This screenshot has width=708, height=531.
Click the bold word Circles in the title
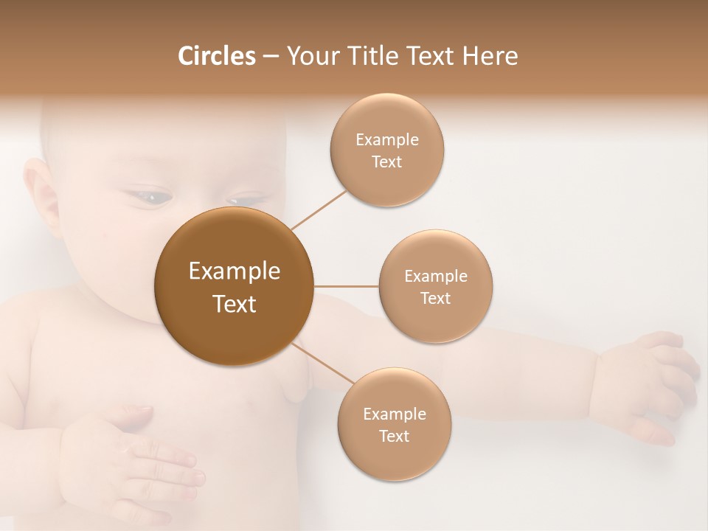[x=216, y=56]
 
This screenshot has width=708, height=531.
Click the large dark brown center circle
[x=235, y=286]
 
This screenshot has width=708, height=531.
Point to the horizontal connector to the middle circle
[x=346, y=286]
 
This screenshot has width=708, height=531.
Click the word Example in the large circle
[x=235, y=271]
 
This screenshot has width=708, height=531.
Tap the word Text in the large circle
[x=235, y=304]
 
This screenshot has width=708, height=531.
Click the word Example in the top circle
[x=386, y=140]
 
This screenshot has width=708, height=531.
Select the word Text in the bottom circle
[x=394, y=436]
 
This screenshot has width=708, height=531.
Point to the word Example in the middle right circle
[x=435, y=277]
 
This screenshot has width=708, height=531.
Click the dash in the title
[x=270, y=57]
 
